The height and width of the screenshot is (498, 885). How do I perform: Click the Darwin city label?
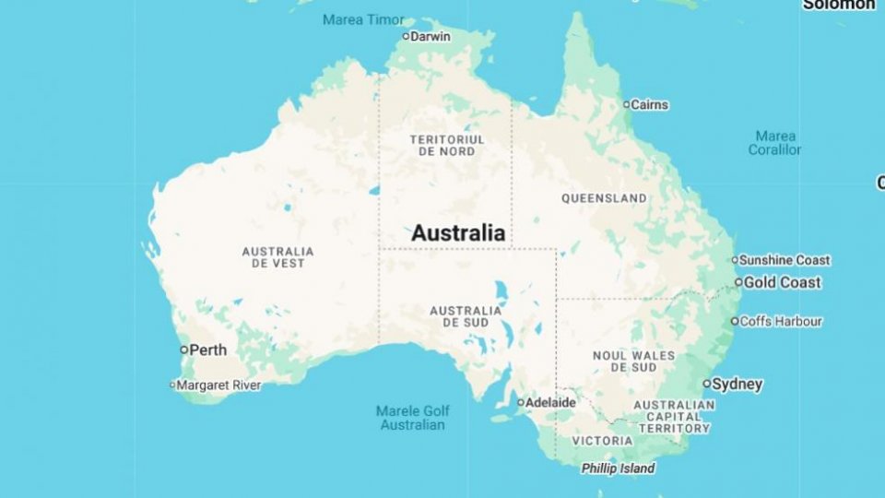click(431, 37)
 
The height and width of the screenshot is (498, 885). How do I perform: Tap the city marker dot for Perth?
click(183, 350)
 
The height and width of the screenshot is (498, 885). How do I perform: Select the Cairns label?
click(650, 104)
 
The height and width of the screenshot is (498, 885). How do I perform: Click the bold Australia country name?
click(458, 233)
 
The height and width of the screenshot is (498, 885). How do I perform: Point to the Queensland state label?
click(604, 198)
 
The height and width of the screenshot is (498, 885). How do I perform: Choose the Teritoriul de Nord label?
click(446, 145)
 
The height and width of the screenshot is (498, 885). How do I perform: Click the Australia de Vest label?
click(277, 257)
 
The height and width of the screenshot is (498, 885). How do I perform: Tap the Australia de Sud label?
click(466, 316)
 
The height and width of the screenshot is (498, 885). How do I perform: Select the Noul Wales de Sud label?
click(633, 362)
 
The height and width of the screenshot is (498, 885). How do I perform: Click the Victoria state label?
click(602, 441)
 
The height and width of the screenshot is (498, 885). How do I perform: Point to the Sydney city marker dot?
click(707, 384)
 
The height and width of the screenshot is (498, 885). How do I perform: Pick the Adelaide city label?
click(551, 403)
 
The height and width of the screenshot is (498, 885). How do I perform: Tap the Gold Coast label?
click(782, 282)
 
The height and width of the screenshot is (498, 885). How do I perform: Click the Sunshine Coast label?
click(785, 260)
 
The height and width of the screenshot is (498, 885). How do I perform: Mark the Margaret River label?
click(218, 385)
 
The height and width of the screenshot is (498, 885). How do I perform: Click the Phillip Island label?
click(618, 468)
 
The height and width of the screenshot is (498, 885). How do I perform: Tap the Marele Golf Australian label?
click(412, 418)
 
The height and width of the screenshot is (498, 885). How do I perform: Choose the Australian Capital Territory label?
click(673, 417)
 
